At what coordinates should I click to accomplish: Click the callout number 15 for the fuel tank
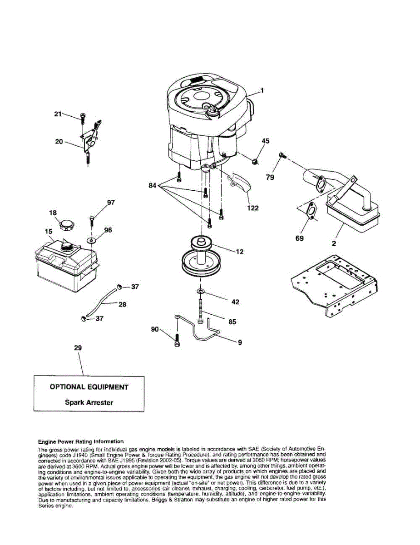pyautogui.click(x=49, y=232)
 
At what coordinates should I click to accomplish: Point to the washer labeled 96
pyautogui.click(x=92, y=239)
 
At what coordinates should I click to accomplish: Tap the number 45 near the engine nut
pyautogui.click(x=265, y=141)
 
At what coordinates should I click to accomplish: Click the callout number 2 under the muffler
pyautogui.click(x=334, y=243)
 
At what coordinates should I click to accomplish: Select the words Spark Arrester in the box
pyautogui.click(x=89, y=402)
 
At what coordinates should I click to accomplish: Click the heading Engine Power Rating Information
pyautogui.click(x=80, y=441)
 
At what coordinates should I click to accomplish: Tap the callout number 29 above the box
pyautogui.click(x=78, y=347)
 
